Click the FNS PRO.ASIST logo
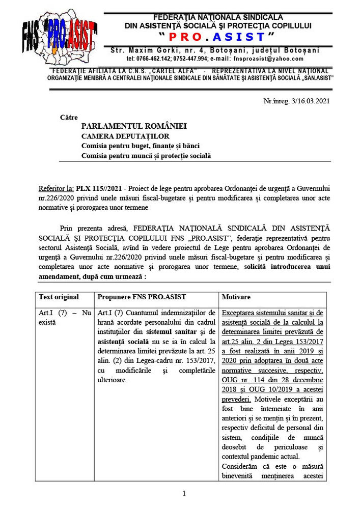pyautogui.click(x=60, y=36)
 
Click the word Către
pyautogui.click(x=69, y=117)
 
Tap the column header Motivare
pyautogui.click(x=237, y=297)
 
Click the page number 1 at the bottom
pyautogui.click(x=184, y=493)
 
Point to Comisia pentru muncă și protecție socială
pyautogui.click(x=146, y=156)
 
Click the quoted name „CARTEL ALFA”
pyautogui.click(x=164, y=70)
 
